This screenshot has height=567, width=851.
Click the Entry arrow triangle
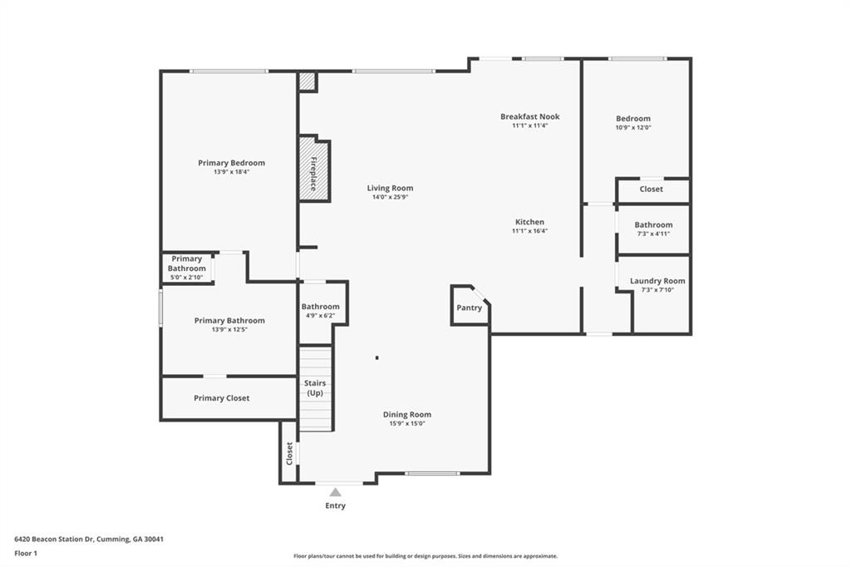(336, 492)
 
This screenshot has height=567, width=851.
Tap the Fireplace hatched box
(313, 169)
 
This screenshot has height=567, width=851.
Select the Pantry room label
(469, 308)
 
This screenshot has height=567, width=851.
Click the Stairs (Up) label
(315, 387)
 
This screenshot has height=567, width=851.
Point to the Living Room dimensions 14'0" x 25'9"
(390, 197)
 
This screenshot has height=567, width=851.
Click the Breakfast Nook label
(529, 116)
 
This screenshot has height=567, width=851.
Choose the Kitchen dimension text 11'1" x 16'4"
(529, 231)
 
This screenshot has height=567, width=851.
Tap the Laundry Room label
(657, 281)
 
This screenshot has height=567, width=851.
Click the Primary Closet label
(221, 398)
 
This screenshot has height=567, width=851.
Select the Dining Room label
(407, 414)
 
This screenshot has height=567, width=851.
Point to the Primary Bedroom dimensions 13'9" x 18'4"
(231, 172)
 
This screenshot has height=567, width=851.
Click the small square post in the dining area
(376, 357)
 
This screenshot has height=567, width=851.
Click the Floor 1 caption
(26, 554)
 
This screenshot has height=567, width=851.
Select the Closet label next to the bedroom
(652, 189)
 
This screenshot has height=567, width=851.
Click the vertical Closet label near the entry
(289, 453)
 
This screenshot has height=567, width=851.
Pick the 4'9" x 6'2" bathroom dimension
(320, 316)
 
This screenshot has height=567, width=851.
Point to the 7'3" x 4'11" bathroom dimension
(653, 234)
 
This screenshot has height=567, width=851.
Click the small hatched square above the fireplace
(307, 81)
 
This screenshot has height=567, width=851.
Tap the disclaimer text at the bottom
(425, 556)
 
